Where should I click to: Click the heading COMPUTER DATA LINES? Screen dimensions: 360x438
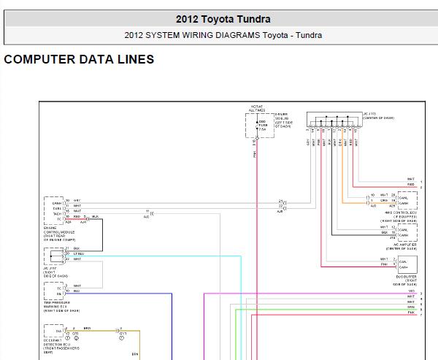point(79,60)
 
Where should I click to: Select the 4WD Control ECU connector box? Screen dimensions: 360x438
point(404,199)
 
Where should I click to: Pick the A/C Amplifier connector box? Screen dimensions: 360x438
point(404,231)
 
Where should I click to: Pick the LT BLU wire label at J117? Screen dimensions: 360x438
point(78,253)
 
